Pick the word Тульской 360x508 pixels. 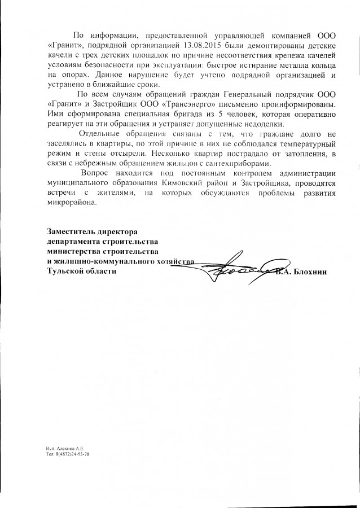tap(65, 271)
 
